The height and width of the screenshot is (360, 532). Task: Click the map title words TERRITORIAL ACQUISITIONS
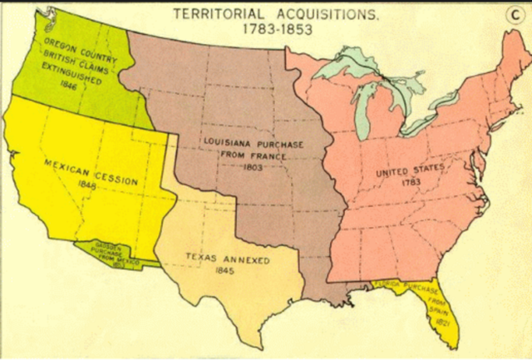pos(265,13)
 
